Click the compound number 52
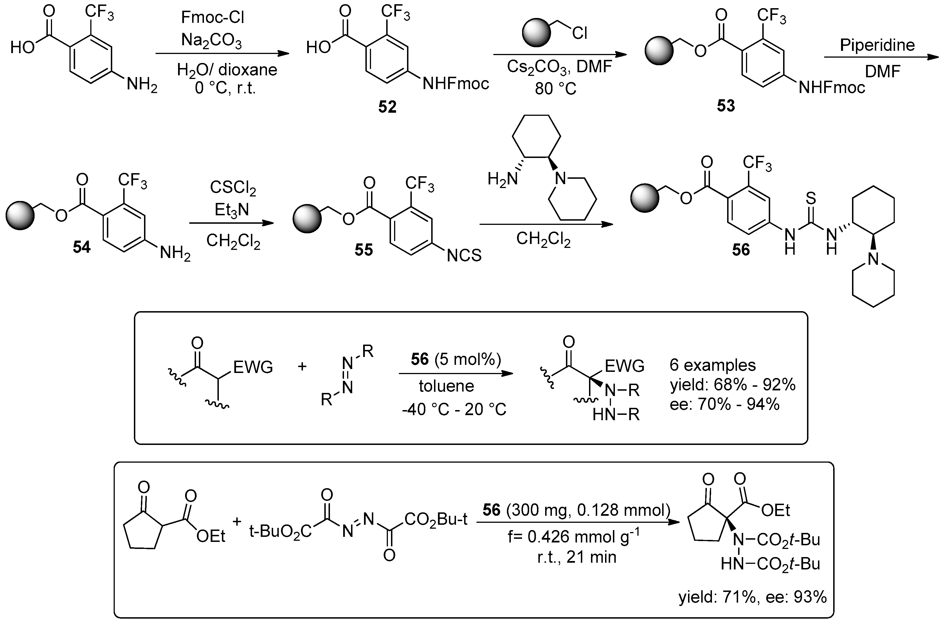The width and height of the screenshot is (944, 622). pos(387,107)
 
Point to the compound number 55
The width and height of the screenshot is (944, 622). pos(364,250)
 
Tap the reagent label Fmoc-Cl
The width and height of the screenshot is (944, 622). pos(212,17)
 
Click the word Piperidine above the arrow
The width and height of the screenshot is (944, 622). pos(877,45)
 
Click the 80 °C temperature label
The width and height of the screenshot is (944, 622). pos(555,89)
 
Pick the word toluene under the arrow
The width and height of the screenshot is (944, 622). pos(447,386)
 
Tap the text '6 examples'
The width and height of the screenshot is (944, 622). pos(713,365)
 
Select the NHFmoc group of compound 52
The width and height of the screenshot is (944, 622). pos(456,84)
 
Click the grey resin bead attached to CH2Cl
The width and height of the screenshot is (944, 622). pos(537,33)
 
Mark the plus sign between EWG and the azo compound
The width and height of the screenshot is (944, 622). pos(302,366)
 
